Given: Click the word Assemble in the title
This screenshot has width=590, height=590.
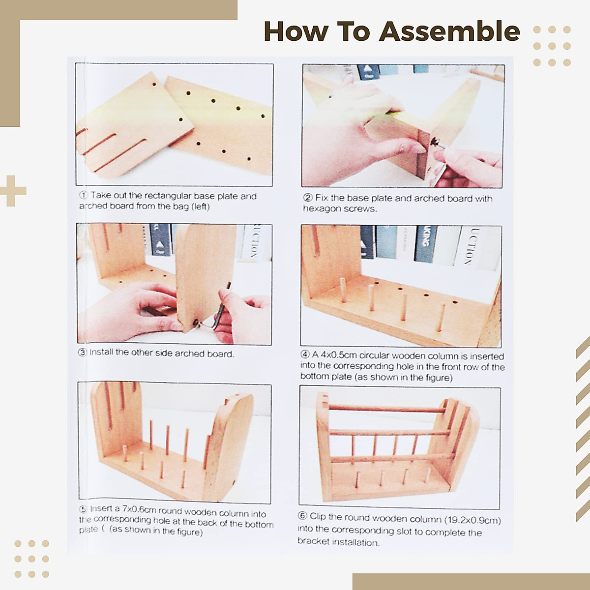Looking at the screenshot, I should click(449, 31).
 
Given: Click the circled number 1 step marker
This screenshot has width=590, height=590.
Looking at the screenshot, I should click(84, 195).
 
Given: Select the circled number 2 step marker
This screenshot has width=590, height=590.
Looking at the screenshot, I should click(308, 198).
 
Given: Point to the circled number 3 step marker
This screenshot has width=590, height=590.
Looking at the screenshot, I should click(83, 352).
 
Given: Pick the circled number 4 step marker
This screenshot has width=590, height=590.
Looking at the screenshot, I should click(305, 354).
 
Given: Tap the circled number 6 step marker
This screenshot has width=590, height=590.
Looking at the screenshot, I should click(302, 516).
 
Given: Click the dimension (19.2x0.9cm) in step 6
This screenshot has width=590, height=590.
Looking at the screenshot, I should click(472, 520).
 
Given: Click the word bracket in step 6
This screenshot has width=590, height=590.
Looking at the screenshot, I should click(313, 542).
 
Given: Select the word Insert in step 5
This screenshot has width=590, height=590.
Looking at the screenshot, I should click(101, 509).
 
